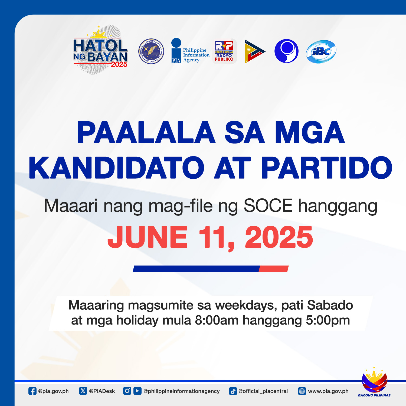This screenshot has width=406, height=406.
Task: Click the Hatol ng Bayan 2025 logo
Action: click(100, 50)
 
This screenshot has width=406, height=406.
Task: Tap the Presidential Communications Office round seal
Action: click(151, 51)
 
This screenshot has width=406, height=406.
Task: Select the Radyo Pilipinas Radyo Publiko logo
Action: click(224, 51)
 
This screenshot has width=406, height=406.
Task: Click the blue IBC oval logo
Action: click(321, 51)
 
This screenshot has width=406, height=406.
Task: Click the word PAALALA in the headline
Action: click(146, 132)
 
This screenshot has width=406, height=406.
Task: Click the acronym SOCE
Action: click(268, 206)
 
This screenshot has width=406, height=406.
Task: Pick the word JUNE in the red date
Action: click(148, 237)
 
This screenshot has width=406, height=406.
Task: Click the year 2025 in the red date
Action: click(279, 237)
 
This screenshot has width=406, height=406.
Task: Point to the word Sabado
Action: click(330, 305)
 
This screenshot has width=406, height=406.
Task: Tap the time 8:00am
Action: click(217, 320)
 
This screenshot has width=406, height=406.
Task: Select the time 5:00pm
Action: click(328, 321)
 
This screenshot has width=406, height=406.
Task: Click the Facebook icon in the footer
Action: click(32, 391)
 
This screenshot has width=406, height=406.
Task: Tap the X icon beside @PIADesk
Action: click(83, 391)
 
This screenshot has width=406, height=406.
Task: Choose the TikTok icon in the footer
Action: click(233, 391)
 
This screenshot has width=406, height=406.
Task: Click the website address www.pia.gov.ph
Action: click(328, 391)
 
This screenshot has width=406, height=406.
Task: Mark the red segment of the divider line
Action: click(274, 269)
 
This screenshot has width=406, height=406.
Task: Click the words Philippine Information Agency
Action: click(196, 55)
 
